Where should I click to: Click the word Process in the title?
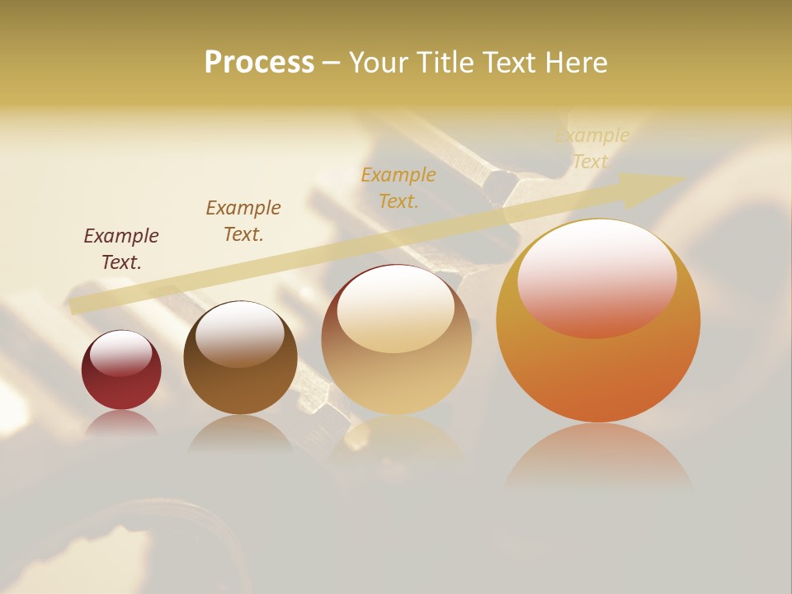coord(259,63)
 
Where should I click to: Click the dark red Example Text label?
coord(121,249)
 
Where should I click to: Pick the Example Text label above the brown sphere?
coord(243,221)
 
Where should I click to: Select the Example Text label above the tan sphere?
coord(398,188)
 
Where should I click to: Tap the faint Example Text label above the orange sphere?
coord(592,148)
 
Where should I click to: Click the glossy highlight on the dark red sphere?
coord(120,352)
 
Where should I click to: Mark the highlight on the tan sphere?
coord(395,307)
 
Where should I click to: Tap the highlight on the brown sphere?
coord(239,332)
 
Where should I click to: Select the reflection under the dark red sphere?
coord(121,422)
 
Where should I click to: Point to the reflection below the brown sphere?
coord(240,432)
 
